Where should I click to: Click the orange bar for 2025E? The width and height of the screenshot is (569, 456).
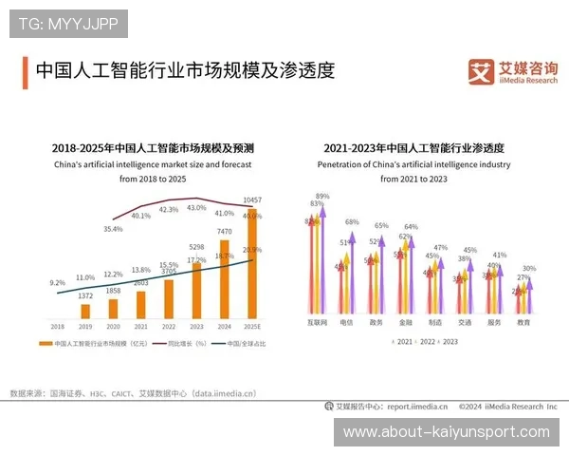click(x=251, y=263)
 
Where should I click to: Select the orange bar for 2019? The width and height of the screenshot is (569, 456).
click(x=85, y=310)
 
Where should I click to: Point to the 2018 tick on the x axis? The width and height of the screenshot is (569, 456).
click(x=58, y=325)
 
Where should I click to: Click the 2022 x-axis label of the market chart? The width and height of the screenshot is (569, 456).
click(x=169, y=325)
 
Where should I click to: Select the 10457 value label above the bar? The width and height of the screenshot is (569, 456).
click(x=251, y=200)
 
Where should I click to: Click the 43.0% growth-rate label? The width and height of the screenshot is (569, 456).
click(x=196, y=207)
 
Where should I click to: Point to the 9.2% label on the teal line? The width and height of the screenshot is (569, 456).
click(x=57, y=282)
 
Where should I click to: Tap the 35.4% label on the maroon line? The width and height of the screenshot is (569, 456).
click(x=113, y=229)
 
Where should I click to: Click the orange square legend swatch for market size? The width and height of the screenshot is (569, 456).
click(x=49, y=343)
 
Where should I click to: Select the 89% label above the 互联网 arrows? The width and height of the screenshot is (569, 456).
click(x=322, y=196)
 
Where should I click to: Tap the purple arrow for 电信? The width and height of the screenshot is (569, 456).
click(x=353, y=270)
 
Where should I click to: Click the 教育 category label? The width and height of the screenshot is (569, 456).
click(x=523, y=322)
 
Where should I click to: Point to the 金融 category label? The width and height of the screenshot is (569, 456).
click(x=405, y=322)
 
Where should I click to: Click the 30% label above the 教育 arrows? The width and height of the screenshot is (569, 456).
click(x=528, y=269)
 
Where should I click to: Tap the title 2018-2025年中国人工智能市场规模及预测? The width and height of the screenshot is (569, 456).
click(x=153, y=149)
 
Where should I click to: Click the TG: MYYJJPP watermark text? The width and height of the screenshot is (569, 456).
click(x=68, y=21)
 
